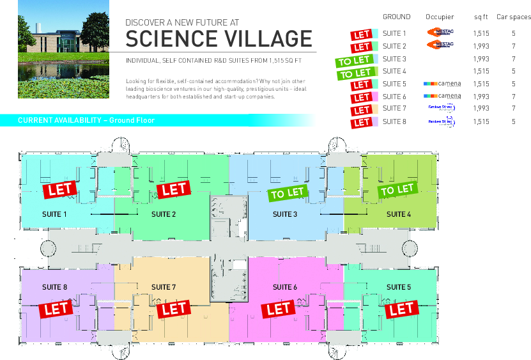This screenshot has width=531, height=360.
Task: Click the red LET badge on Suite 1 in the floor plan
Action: coord(60,189)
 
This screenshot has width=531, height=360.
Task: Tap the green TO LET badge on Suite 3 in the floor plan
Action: coord(287,192)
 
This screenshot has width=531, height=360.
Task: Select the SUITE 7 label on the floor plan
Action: coord(164,287)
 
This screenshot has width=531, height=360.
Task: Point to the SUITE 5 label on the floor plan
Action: coord(399,287)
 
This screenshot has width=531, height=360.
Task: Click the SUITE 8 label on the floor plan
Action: coord(54,287)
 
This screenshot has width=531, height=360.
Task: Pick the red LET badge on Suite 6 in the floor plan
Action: coord(279,309)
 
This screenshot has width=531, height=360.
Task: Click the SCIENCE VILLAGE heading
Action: coord(219,39)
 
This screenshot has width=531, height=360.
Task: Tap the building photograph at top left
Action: coord(63,49)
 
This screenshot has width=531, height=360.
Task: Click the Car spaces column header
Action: coord(513,17)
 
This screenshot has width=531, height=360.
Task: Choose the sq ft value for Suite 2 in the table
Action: coord(481,46)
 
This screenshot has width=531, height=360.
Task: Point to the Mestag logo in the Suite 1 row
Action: coord(440,31)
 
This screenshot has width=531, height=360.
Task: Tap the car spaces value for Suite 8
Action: coord(513,121)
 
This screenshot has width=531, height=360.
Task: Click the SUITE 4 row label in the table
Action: coord(394,71)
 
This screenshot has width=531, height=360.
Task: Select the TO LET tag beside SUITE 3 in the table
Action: coord(353,61)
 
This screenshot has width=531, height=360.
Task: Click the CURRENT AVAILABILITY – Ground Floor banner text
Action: coord(86,120)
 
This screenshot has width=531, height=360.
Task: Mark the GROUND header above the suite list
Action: coord(396,17)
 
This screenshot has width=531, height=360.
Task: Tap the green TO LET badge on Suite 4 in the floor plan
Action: coord(397,189)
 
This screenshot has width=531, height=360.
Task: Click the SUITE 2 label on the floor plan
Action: coord(164,214)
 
